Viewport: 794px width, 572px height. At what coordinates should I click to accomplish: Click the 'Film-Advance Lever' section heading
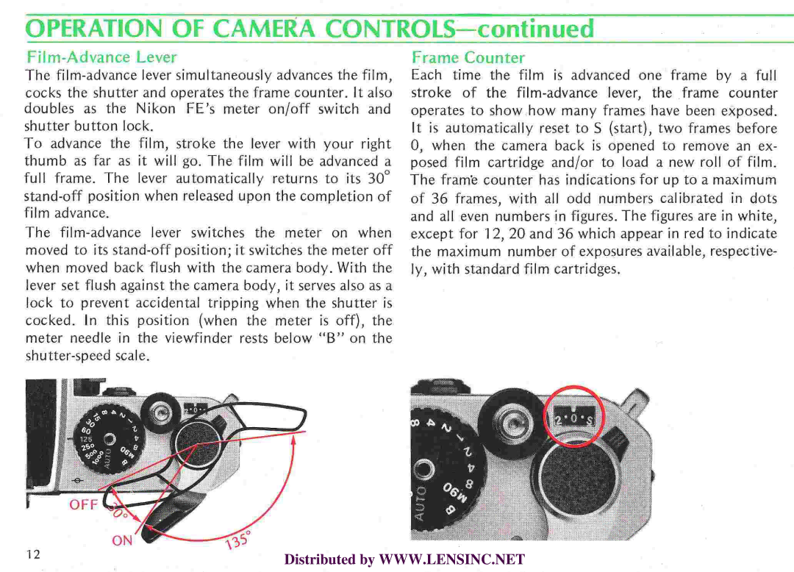pos(101,57)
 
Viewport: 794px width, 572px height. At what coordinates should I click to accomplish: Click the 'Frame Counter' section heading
pos(468,57)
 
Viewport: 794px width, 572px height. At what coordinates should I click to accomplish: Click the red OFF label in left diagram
pos(84,504)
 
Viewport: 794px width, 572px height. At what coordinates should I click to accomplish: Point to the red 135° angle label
pos(238,540)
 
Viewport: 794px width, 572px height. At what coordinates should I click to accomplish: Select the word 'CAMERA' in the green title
pos(258,29)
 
